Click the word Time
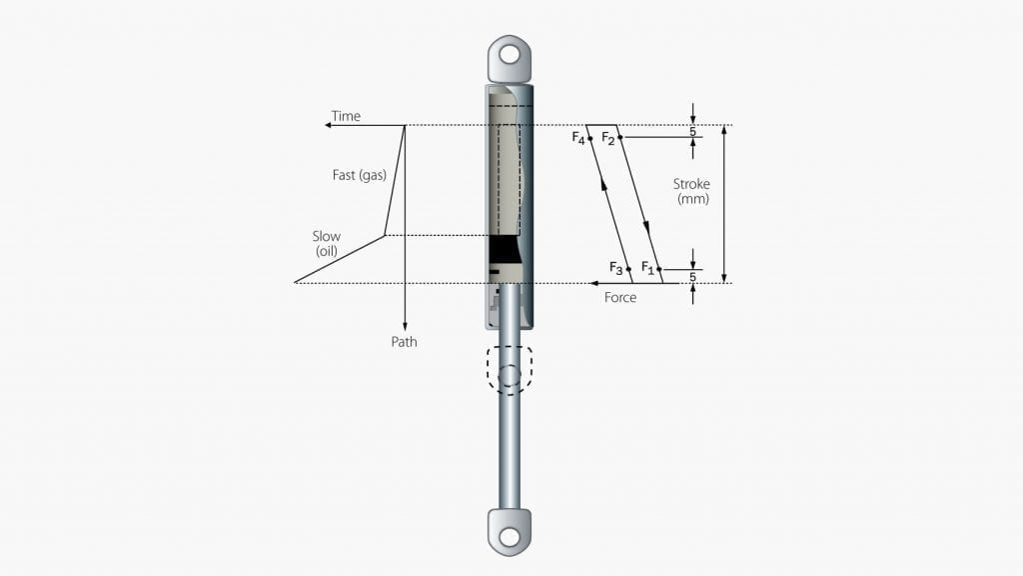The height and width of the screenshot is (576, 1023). (346, 116)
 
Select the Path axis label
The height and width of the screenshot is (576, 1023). (404, 342)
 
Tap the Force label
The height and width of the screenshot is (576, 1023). (619, 297)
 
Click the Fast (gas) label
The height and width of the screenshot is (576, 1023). (360, 175)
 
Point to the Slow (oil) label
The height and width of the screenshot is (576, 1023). (327, 243)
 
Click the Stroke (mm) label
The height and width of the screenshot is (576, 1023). (691, 191)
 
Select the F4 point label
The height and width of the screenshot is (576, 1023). (578, 138)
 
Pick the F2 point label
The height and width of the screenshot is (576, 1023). (608, 138)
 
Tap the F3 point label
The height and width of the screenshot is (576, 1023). (616, 268)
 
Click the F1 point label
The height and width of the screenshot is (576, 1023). (647, 268)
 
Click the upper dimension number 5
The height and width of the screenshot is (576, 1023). (693, 131)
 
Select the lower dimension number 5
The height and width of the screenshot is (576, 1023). (693, 277)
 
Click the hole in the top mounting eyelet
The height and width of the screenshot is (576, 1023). (510, 54)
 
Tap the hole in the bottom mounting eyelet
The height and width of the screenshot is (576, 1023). (510, 537)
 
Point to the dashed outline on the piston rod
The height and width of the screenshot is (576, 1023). (510, 370)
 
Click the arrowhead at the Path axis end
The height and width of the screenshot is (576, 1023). (406, 327)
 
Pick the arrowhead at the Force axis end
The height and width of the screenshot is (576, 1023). (594, 283)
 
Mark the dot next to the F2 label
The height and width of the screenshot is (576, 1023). (620, 137)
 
